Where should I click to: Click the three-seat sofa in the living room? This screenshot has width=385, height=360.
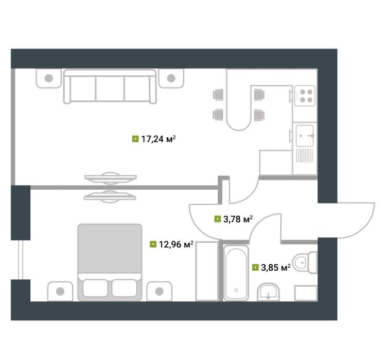click(x=110, y=86)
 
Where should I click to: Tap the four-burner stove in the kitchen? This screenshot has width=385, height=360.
click(x=305, y=96)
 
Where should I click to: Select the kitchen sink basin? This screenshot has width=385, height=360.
click(x=305, y=136)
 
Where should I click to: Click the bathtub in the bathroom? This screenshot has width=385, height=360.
click(x=236, y=273)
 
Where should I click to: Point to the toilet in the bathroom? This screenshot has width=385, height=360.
click(x=305, y=263)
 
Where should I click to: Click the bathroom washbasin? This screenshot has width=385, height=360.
click(x=268, y=292)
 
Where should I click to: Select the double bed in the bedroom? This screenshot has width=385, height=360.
click(x=110, y=262)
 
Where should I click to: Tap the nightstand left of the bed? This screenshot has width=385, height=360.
click(x=60, y=291)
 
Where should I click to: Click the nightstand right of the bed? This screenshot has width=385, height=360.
click(x=160, y=291)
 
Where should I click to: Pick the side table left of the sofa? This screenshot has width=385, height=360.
click(x=48, y=78)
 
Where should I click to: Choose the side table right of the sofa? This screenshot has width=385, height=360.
click(x=171, y=78)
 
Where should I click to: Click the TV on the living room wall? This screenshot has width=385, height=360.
click(x=111, y=178)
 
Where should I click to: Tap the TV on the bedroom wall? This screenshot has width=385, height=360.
click(x=110, y=196)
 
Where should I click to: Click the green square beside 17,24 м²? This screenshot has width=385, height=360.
click(x=135, y=139)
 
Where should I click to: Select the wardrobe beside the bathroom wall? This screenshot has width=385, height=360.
click(x=207, y=271)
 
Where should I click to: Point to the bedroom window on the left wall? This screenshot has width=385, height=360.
click(x=21, y=260)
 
